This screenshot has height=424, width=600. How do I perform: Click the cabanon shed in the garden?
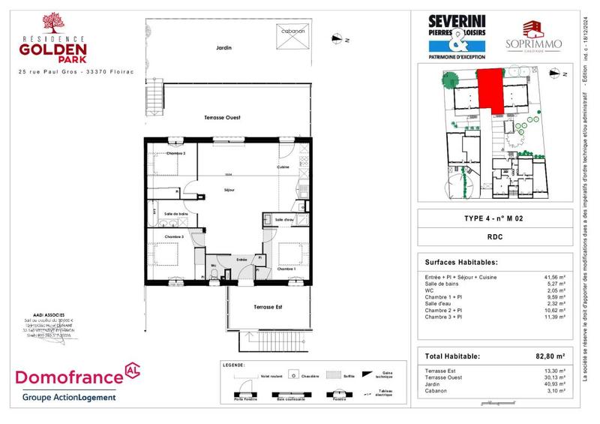pyautogui.click(x=292, y=44)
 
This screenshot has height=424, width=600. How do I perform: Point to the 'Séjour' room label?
pyautogui.click(x=231, y=191)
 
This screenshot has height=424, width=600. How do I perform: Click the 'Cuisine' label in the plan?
pyautogui.click(x=283, y=167)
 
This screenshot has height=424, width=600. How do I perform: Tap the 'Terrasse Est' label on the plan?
pyautogui.click(x=268, y=308)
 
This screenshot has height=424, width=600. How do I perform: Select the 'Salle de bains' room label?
pyautogui.click(x=170, y=214)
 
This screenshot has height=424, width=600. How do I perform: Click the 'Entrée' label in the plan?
pyautogui.click(x=242, y=260)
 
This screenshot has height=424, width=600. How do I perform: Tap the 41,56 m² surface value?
pyautogui.click(x=553, y=277)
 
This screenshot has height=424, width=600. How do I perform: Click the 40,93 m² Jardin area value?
pyautogui.click(x=553, y=384)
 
